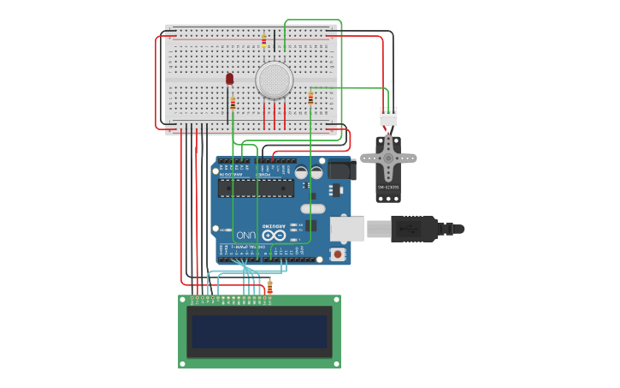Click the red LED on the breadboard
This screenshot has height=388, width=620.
229,79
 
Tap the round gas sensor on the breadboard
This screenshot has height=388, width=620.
275,80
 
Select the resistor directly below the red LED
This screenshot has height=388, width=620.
233,103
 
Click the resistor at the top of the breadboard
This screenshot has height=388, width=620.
263,41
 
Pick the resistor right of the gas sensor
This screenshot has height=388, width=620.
310,98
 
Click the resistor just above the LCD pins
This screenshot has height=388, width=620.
270,287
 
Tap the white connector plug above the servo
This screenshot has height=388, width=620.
388,116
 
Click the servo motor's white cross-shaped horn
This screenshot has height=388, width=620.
388,158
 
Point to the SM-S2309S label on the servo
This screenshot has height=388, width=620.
388,187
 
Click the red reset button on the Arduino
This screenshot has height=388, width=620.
338,254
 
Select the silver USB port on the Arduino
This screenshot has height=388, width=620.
346,229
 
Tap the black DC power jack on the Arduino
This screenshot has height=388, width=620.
340,170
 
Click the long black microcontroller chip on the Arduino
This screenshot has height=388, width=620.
256,188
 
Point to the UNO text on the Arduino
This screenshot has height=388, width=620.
246,234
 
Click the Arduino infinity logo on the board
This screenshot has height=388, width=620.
275,234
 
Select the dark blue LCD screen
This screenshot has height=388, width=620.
259,331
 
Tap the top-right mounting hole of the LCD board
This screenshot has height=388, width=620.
335,300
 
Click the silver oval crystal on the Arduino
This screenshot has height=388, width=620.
313,208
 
